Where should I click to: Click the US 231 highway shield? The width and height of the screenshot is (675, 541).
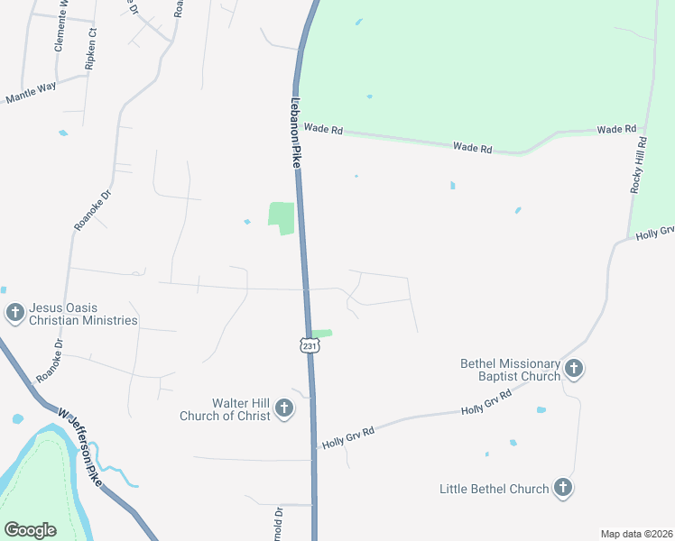310,344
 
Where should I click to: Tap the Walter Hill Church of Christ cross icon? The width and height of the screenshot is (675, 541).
283,409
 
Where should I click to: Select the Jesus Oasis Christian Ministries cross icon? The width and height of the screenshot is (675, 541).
15,313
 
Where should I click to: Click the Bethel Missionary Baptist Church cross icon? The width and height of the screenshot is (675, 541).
574,369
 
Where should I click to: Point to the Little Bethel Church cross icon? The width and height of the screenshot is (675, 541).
562,488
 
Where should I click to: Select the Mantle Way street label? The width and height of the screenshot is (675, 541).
31,94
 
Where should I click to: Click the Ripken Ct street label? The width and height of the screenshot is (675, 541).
90,54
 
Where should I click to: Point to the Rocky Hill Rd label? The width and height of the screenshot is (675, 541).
640,165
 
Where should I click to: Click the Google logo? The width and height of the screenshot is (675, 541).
30,529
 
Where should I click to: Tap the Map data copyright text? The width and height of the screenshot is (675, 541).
636,534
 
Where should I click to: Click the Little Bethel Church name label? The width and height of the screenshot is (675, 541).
494,489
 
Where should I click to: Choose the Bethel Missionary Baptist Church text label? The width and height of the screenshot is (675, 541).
510,370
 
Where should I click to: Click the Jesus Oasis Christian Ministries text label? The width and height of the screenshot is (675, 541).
83,313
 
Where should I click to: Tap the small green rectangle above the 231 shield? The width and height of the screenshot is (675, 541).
321,334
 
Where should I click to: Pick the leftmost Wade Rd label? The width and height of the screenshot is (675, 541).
323,130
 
